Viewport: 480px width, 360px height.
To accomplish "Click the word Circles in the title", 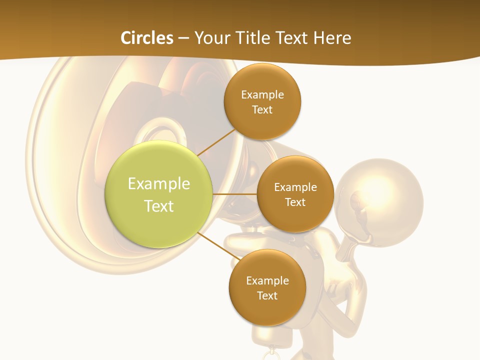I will [x=147, y=38].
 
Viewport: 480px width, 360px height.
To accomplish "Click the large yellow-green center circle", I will [x=159, y=194].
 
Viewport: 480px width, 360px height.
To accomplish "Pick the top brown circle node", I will [x=262, y=101].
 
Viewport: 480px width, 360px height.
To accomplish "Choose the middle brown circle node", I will [x=295, y=194].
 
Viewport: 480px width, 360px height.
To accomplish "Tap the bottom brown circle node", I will [x=267, y=288].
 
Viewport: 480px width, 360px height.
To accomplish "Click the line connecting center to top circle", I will [x=216, y=141].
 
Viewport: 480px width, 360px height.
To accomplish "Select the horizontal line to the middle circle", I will [x=235, y=194].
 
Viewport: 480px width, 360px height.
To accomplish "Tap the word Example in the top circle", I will [x=262, y=94].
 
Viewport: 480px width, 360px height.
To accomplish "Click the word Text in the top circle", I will [x=262, y=109].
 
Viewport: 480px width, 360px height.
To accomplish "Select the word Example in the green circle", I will [x=159, y=183].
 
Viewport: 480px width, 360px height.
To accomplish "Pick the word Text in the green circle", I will [x=159, y=206].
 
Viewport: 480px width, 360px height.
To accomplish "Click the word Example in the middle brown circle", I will [x=295, y=187].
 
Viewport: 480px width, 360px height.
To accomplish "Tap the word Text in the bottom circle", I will [x=267, y=295].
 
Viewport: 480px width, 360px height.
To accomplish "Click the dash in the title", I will [x=184, y=38].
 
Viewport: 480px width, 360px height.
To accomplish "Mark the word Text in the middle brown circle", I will [x=295, y=202].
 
